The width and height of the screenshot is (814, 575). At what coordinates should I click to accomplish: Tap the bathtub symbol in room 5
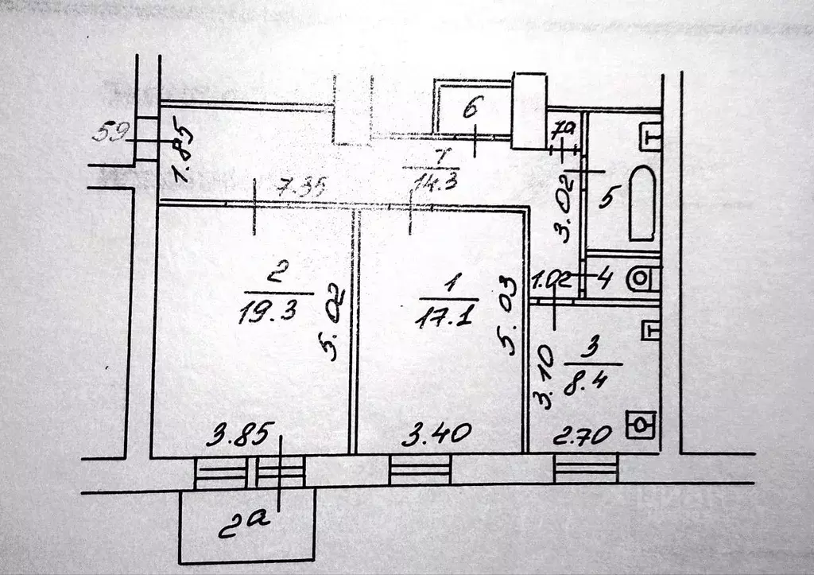click(x=642, y=204)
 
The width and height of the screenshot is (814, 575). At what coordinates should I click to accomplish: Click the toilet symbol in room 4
click(x=643, y=278)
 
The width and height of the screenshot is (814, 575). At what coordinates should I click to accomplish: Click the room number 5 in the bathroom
click(x=606, y=197)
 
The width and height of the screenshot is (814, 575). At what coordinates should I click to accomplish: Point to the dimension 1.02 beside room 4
click(x=551, y=280)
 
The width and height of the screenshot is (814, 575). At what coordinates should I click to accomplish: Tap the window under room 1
click(x=420, y=470)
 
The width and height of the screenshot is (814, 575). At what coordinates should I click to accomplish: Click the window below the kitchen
click(x=586, y=469)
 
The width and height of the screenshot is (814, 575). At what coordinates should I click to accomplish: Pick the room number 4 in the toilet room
click(x=605, y=278)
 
